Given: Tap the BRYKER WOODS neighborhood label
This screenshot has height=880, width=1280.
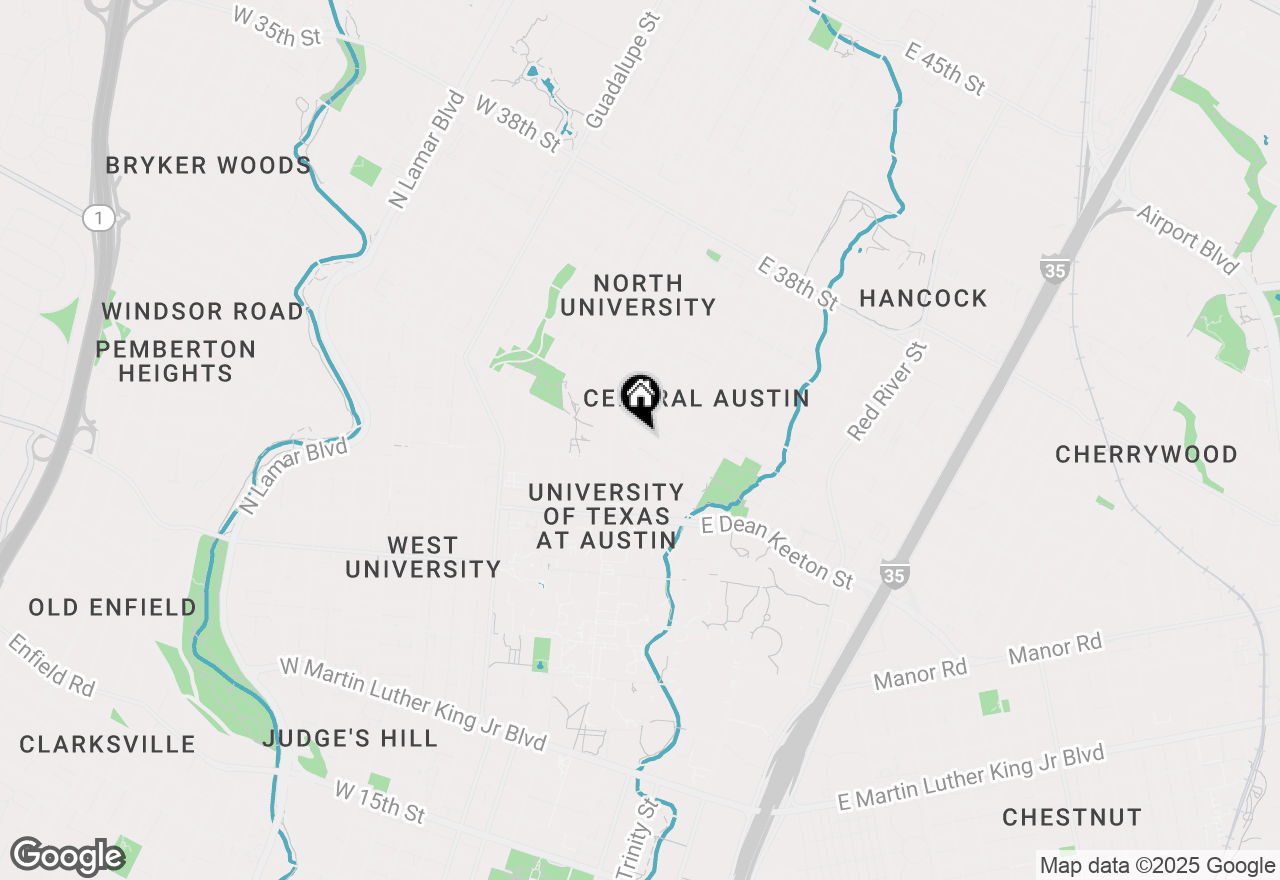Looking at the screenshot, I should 209,165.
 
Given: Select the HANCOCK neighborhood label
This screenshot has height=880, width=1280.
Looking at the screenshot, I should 923,298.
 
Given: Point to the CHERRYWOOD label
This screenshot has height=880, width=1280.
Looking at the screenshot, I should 1146,455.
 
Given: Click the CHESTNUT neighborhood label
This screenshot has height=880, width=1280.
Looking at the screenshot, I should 1072,817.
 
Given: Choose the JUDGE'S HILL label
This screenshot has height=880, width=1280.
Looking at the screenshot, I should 350,739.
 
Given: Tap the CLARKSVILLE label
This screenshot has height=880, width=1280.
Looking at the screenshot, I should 108,744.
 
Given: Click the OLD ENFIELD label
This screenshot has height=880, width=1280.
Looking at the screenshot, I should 113,607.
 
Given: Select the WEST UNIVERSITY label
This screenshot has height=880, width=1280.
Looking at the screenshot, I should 423,557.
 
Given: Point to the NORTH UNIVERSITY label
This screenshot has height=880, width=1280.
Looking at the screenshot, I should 638,295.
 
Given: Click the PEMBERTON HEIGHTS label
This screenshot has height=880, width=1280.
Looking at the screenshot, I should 176,361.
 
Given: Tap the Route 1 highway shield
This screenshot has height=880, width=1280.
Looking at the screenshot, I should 99,218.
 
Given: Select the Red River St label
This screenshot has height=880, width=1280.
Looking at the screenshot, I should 887,391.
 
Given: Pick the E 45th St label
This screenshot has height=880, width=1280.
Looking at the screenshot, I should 944,69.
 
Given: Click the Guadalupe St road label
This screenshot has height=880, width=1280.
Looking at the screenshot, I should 622,71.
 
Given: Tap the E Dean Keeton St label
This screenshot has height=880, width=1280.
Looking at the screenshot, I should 777,551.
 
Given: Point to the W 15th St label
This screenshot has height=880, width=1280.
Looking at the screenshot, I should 379,803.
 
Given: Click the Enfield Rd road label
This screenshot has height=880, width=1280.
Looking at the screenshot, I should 51,665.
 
